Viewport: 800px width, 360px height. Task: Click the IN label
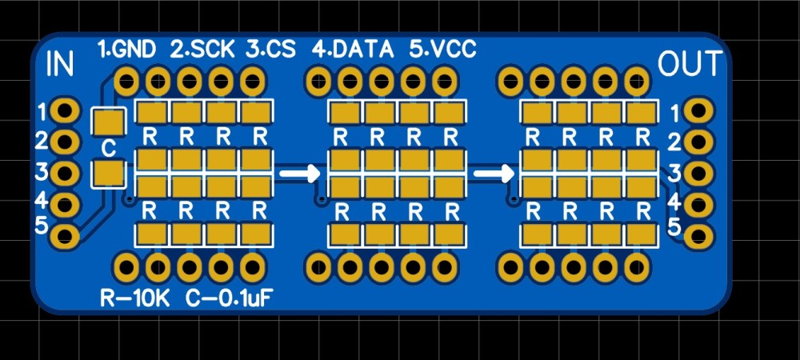click(61, 64)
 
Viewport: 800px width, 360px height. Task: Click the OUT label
click(690, 64)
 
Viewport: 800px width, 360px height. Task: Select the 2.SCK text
click(202, 50)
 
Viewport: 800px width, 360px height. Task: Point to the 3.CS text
click(270, 50)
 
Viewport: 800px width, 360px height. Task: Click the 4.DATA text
click(353, 50)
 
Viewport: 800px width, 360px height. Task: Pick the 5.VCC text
click(442, 50)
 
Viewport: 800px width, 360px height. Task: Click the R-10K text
click(135, 299)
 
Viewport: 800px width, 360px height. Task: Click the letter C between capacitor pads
click(109, 148)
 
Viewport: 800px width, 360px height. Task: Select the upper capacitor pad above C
click(109, 122)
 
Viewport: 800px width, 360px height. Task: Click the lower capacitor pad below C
click(109, 173)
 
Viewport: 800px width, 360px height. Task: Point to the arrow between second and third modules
click(493, 172)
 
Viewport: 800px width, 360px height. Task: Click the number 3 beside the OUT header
click(674, 171)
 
